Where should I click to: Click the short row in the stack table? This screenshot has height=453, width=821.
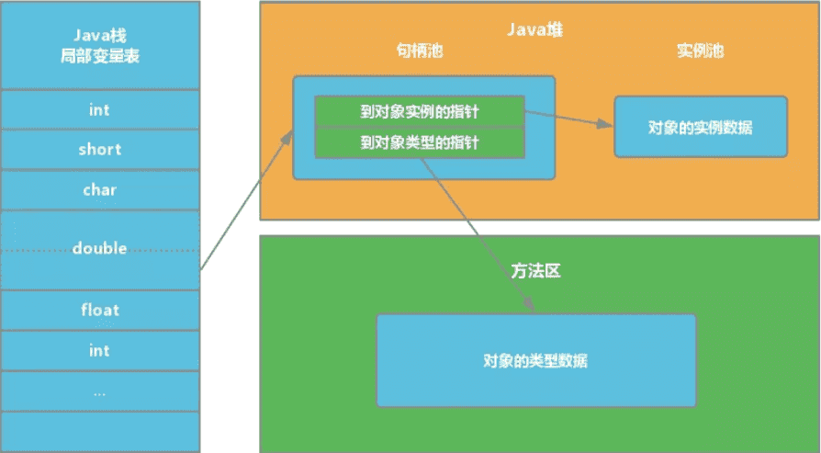99,150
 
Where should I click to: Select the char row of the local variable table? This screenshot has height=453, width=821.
99,190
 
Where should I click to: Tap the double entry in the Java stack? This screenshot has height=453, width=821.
99,249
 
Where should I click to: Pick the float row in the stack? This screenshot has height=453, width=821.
99,310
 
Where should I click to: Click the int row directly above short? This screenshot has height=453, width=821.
99,110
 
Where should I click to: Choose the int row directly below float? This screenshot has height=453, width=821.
99,350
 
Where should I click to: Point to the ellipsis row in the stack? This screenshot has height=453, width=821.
99,391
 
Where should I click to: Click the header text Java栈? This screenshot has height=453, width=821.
99,36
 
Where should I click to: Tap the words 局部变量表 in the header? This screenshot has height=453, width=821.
99,56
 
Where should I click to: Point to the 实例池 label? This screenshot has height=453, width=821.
700,51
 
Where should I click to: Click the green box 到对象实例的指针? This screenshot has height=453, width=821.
419,111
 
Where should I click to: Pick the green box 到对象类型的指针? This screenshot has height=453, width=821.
419,143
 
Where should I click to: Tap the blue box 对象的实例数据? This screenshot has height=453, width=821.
700,127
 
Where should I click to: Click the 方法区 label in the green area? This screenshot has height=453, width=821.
535,272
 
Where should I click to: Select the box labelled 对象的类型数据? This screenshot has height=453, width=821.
535,361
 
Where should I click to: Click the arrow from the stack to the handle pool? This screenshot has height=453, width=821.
246,201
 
